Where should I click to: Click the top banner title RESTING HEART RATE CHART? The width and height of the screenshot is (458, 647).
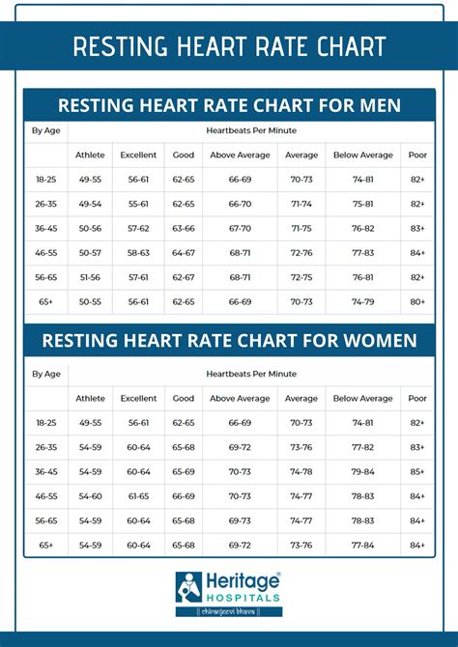click(229, 46)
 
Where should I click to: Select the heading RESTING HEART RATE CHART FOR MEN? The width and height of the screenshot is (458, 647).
click(229, 105)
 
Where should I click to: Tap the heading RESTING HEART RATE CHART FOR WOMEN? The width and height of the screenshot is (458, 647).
click(229, 340)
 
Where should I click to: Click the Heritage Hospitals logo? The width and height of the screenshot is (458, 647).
click(229, 592)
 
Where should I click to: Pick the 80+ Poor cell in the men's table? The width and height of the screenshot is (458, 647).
click(416, 302)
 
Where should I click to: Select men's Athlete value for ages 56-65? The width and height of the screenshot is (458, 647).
click(90, 277)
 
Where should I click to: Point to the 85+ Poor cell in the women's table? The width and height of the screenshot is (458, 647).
click(416, 472)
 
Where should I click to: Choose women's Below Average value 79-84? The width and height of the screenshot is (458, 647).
click(363, 472)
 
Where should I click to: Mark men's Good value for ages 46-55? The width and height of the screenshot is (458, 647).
click(183, 253)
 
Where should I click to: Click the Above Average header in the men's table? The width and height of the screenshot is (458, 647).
click(240, 155)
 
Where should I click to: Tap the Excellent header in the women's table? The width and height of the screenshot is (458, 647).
click(138, 398)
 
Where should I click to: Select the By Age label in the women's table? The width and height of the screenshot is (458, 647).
click(45, 373)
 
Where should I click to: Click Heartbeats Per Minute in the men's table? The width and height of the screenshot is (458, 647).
click(250, 129)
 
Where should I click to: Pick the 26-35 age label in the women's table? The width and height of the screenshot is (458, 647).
click(45, 448)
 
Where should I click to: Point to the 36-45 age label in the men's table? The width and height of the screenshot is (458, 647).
click(45, 229)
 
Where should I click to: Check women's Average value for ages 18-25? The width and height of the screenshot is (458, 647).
click(301, 423)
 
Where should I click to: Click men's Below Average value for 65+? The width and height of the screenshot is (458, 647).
click(363, 302)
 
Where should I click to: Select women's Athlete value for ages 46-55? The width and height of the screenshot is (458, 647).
click(90, 496)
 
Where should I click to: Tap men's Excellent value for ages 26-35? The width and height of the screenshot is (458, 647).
click(138, 204)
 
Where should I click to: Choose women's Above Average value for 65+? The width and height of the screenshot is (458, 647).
click(240, 546)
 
